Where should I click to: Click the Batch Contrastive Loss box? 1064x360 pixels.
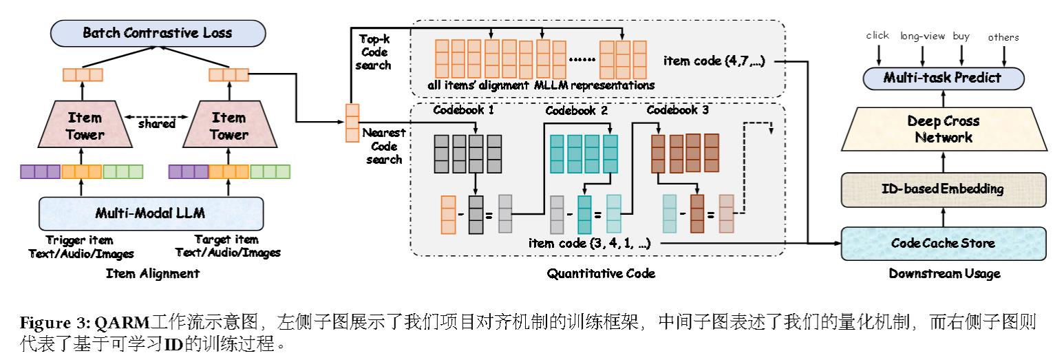click(158, 32)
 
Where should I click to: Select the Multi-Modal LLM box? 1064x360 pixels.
click(152, 213)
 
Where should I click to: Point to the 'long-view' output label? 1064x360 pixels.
click(923, 36)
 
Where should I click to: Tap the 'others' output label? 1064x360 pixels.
click(1003, 37)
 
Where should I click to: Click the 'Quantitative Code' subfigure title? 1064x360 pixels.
click(601, 274)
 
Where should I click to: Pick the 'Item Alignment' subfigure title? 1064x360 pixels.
click(152, 274)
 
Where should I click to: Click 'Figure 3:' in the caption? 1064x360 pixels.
click(56, 323)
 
